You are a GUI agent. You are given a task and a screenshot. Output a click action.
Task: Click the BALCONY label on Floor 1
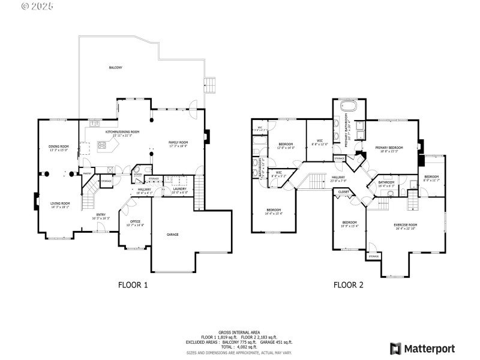pos(116,68)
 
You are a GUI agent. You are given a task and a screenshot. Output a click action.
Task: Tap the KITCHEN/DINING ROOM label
pos(122,131)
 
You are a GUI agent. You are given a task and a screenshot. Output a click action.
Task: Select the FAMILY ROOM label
pos(178,142)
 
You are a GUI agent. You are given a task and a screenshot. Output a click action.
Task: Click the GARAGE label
pos(173,235)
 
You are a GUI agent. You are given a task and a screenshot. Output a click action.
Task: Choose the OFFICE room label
pos(135,221)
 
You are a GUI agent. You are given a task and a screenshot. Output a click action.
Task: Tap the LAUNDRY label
pos(179,189)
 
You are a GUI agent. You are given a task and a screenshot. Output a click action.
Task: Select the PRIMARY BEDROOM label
pos(389,147)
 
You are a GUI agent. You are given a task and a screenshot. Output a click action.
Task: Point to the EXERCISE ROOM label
pos(406,225)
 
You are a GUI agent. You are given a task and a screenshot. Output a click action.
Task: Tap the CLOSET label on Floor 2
pos(343,192)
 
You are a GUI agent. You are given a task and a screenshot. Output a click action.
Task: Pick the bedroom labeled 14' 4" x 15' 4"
pos(274,210)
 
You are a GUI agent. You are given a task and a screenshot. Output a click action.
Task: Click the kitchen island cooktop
pos(102,145)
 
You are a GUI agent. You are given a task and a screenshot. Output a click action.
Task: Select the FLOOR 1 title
pos(134,285)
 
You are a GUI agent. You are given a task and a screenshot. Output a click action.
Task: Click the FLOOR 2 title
pos(349,285)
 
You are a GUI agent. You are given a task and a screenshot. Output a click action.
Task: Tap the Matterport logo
pos(422,349)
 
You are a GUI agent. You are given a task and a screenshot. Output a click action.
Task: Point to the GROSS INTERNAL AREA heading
pos(239,332)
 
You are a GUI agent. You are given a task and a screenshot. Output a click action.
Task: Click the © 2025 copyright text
pos(37,7)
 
